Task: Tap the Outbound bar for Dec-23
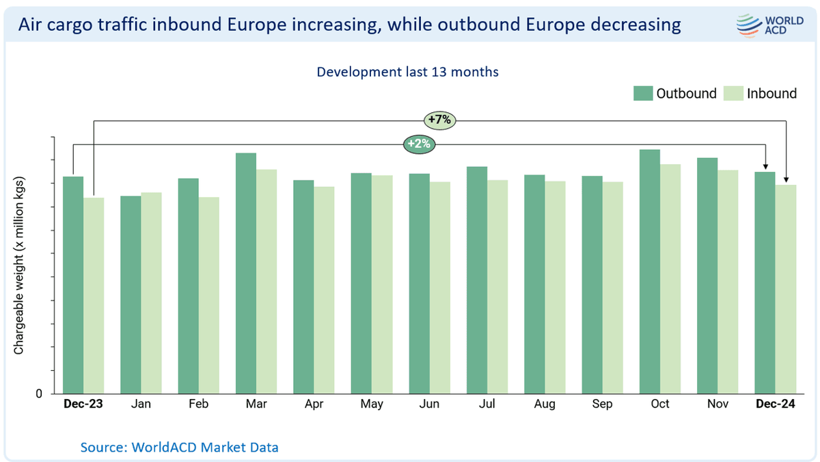[x=73, y=284]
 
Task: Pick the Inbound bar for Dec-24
[x=786, y=288]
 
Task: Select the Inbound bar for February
[x=209, y=294]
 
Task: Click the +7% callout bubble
[x=439, y=120]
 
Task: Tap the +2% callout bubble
[x=419, y=144]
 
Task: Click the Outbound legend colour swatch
[x=642, y=93]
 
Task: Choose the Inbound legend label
[x=771, y=94]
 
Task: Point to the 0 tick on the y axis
[x=39, y=394]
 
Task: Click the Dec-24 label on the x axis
[x=775, y=405]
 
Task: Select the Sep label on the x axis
[x=602, y=405]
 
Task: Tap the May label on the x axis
[x=372, y=405]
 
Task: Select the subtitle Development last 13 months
[x=407, y=71]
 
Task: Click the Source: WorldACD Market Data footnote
[x=180, y=448]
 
